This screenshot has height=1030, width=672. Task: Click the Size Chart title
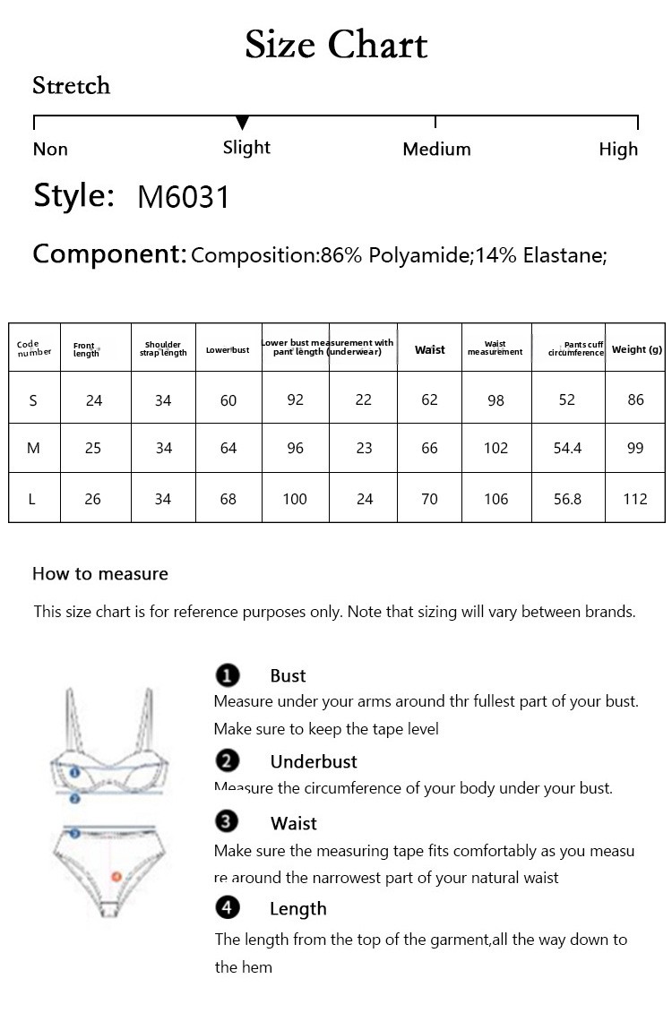coord(336,44)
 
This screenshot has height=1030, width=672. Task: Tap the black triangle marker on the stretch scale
coord(242,123)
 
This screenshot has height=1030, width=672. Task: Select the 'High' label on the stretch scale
coord(618,150)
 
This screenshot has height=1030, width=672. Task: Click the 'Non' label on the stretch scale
coord(50,150)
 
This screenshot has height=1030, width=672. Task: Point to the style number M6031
coord(184,197)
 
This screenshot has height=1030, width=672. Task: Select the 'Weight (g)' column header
coord(636,350)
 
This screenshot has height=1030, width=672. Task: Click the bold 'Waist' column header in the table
coord(429,350)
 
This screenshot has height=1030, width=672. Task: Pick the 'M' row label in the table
coord(33,448)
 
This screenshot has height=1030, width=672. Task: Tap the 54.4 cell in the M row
coord(567,448)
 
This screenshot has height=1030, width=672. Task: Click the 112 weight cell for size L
coord(635,499)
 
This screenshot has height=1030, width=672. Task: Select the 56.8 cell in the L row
coord(567,499)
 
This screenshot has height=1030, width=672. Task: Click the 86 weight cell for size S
coord(635,400)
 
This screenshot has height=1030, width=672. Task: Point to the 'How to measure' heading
coord(100,574)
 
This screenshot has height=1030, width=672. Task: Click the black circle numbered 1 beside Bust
coord(228,675)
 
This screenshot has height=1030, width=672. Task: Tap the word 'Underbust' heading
coord(314,762)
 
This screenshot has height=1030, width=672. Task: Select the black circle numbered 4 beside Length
coord(228,908)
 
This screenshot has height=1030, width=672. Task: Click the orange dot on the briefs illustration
coord(116,876)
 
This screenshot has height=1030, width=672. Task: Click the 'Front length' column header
coord(86,350)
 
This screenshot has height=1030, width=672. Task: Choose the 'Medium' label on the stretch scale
coord(436,150)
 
